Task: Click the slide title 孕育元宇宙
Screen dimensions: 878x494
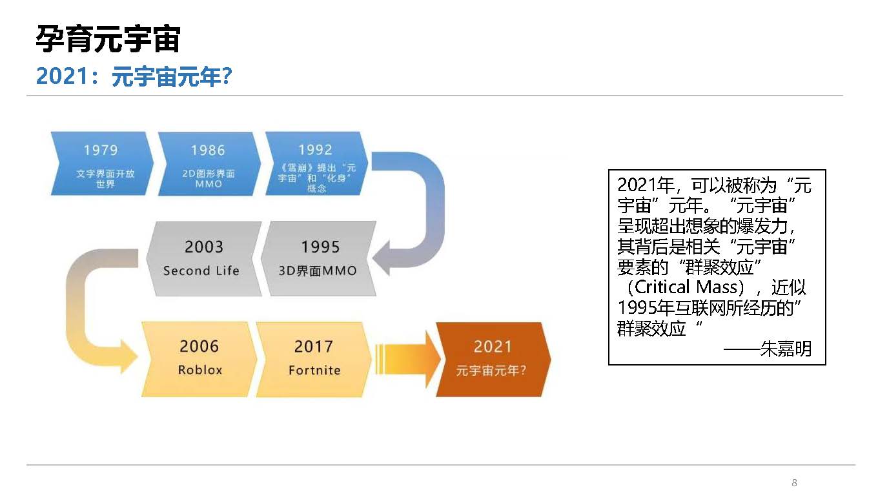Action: click(x=108, y=39)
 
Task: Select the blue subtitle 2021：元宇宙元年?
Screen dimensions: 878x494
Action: click(x=134, y=76)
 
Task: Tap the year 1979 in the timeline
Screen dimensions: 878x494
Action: click(x=101, y=150)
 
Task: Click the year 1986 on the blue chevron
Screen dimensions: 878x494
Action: click(x=208, y=150)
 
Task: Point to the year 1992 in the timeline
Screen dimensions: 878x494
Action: click(x=316, y=149)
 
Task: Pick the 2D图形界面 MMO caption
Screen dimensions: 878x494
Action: click(x=209, y=178)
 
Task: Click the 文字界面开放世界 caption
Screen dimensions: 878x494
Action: click(x=105, y=178)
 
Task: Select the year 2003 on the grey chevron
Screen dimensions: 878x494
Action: click(x=204, y=247)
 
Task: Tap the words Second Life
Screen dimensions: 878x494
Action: click(x=201, y=271)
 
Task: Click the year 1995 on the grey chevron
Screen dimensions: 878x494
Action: click(x=320, y=247)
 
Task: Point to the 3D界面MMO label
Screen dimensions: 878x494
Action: click(x=318, y=271)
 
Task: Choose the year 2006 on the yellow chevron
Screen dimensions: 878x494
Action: click(x=199, y=346)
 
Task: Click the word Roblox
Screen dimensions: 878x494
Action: click(x=200, y=370)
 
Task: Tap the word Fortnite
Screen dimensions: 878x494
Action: click(x=315, y=370)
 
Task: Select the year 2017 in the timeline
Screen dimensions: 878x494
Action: click(x=314, y=346)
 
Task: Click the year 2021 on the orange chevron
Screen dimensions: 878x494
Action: click(x=493, y=347)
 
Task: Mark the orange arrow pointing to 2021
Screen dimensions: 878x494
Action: click(x=407, y=359)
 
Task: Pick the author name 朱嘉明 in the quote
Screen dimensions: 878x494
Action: click(x=786, y=349)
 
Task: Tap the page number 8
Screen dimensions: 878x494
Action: click(x=795, y=482)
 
